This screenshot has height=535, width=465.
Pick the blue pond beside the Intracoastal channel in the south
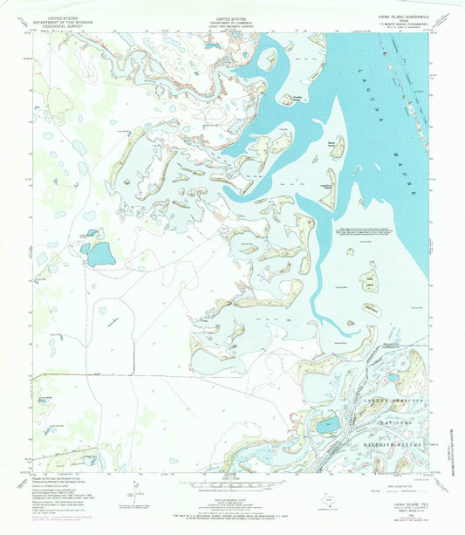[x=328, y=424]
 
